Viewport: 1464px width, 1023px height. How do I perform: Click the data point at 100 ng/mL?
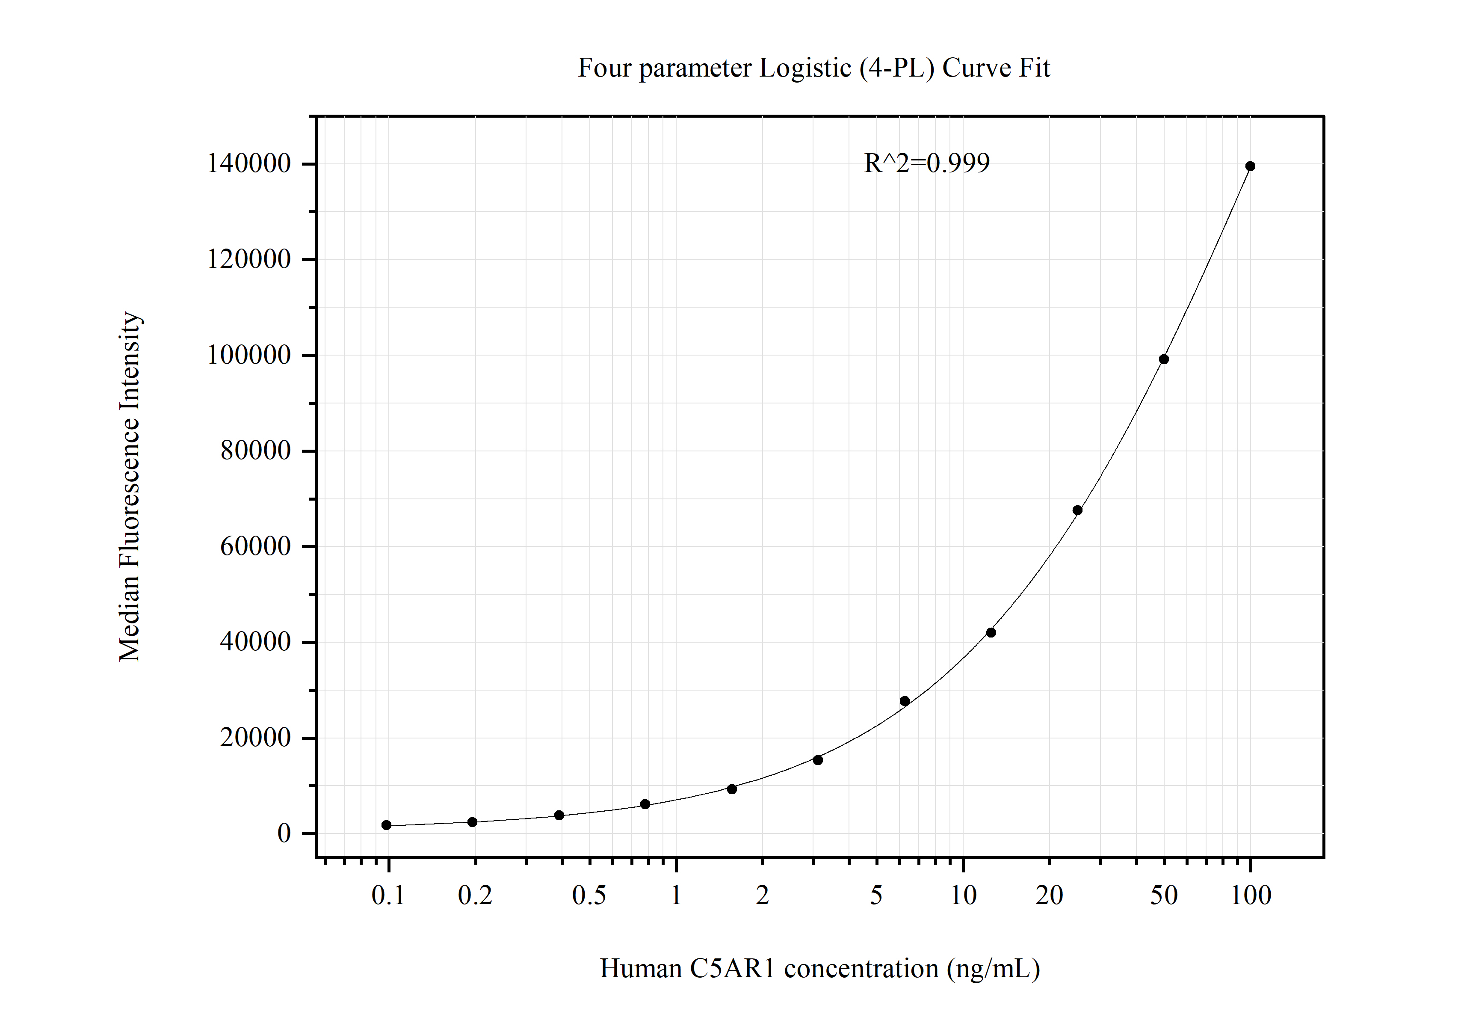[1250, 166]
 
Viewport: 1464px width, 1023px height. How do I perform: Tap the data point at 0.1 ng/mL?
[386, 825]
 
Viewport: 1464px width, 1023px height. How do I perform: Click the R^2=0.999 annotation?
[926, 163]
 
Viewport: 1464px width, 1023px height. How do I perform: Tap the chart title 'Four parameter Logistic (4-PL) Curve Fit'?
[813, 68]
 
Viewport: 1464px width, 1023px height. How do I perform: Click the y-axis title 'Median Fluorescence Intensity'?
[130, 486]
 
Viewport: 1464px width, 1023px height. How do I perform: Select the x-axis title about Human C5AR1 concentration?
[820, 968]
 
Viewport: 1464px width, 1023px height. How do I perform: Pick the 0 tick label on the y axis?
[284, 833]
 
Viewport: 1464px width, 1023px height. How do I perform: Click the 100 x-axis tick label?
[1251, 895]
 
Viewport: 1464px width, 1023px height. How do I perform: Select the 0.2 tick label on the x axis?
[475, 895]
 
